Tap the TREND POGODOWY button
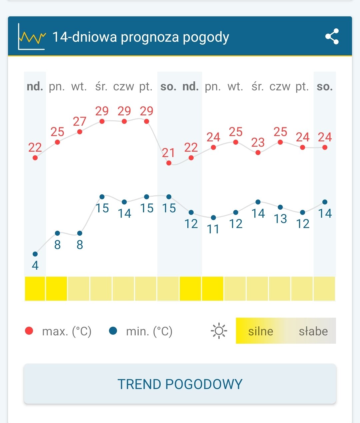click(x=180, y=384)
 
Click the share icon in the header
click(x=332, y=36)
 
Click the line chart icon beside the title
click(x=31, y=37)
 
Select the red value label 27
click(x=80, y=121)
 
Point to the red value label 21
click(x=169, y=153)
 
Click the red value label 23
click(x=258, y=142)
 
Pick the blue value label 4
click(x=35, y=266)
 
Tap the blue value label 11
click(x=213, y=229)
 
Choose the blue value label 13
click(x=280, y=219)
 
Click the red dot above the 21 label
click(x=169, y=163)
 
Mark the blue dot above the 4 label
click(x=35, y=254)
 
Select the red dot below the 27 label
click(x=80, y=132)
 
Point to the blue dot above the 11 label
click(x=213, y=218)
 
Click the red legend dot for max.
click(x=29, y=331)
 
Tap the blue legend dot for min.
click(x=113, y=331)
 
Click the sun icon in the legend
click(x=219, y=331)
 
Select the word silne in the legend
click(x=261, y=331)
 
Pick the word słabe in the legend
click(x=313, y=331)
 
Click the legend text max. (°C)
click(x=67, y=332)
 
